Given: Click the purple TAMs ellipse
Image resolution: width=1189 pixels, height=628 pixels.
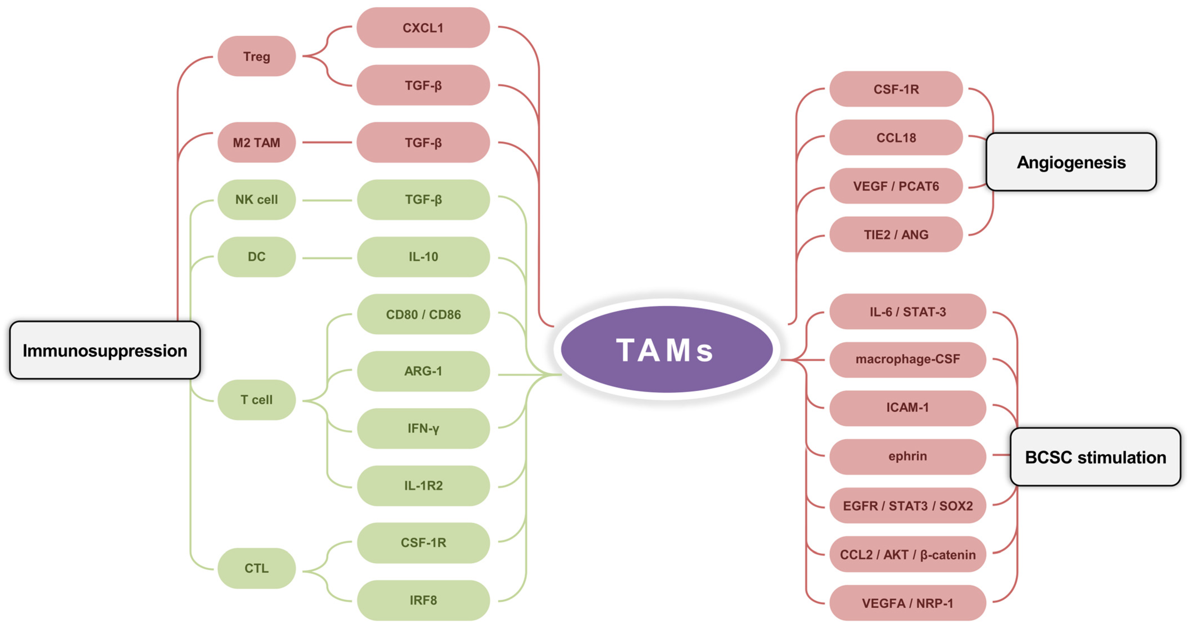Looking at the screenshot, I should click(667, 350).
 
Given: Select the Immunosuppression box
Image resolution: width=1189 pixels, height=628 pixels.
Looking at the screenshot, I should click(105, 350).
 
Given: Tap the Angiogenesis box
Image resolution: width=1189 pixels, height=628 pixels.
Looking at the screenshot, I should click(1071, 162).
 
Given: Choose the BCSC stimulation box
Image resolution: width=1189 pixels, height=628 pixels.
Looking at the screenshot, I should click(1095, 457).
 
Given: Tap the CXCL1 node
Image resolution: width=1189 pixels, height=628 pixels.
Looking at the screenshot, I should click(423, 28).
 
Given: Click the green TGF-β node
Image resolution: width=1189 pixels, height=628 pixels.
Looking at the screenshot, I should click(423, 200).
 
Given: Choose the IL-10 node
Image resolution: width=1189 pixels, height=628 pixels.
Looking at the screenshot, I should click(423, 257).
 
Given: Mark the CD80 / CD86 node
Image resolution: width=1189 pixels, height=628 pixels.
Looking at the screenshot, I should click(423, 315).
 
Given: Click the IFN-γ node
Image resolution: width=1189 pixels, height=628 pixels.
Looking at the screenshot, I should click(423, 428).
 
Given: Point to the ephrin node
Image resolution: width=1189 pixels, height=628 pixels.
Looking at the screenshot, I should click(907, 456).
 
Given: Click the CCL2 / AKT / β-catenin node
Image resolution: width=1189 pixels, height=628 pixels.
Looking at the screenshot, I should click(907, 555).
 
